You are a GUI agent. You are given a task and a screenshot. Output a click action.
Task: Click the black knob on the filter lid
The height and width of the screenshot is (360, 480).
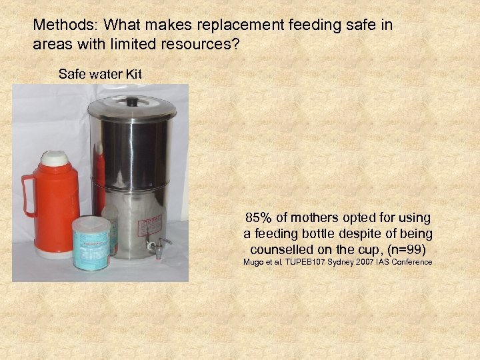click(132, 102)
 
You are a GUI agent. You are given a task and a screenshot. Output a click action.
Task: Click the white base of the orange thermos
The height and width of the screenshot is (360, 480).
click(54, 253)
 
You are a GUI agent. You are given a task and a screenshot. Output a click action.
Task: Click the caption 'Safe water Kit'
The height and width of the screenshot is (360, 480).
click(100, 74)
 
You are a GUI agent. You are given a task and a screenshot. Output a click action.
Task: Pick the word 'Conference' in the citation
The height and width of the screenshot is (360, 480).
click(413, 263)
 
